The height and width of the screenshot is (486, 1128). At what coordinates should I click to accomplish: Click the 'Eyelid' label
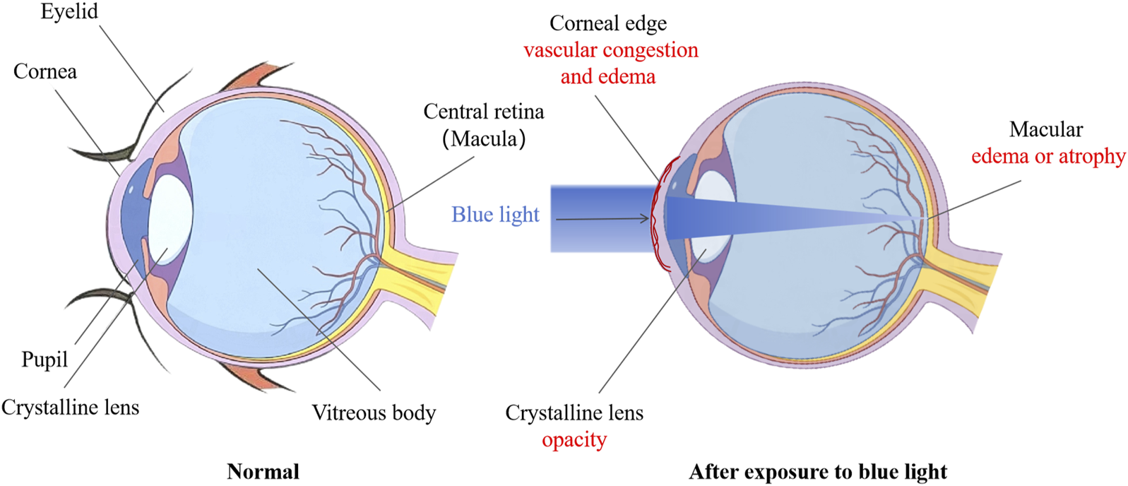pos(69,12)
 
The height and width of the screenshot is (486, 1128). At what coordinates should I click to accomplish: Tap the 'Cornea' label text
pos(45,71)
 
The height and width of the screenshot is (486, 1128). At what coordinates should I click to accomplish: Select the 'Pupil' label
pos(44,360)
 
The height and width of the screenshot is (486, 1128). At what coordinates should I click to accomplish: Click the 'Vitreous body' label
pos(374,413)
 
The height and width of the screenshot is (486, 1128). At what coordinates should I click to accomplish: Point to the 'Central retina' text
pos(484,112)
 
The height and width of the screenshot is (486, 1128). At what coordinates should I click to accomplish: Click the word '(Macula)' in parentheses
pos(484,138)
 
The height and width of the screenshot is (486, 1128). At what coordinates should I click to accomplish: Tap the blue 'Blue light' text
pos(495,215)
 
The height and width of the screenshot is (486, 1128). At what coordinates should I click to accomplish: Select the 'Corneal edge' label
pos(608,23)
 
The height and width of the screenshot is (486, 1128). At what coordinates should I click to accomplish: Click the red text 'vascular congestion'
pos(611,50)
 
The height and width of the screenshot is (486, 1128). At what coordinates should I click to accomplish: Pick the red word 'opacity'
pos(574,440)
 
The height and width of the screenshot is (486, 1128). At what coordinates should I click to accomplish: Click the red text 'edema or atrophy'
pos(1048,156)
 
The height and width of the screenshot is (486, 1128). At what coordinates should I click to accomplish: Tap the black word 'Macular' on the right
pos(1046,129)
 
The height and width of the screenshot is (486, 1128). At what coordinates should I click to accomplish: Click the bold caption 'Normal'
pos(263,471)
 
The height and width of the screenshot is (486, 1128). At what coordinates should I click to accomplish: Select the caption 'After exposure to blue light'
pos(818,471)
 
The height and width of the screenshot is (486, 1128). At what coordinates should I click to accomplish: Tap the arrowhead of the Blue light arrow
pos(646,219)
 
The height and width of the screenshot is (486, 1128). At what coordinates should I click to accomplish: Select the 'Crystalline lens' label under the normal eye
pos(71,408)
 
